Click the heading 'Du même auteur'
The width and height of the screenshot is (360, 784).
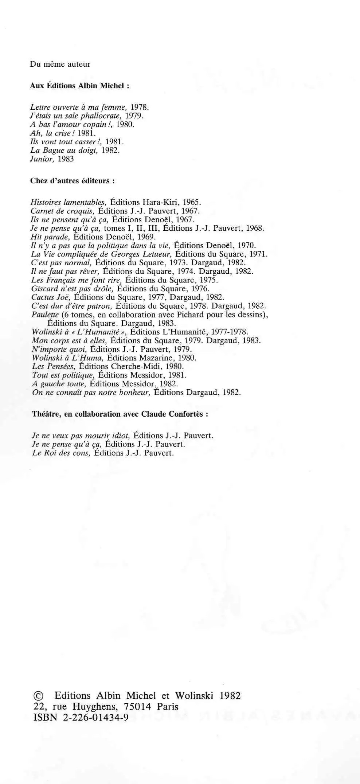(60, 65)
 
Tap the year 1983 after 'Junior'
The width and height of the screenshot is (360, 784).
(66, 159)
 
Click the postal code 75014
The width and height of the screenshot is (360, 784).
(137, 707)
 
